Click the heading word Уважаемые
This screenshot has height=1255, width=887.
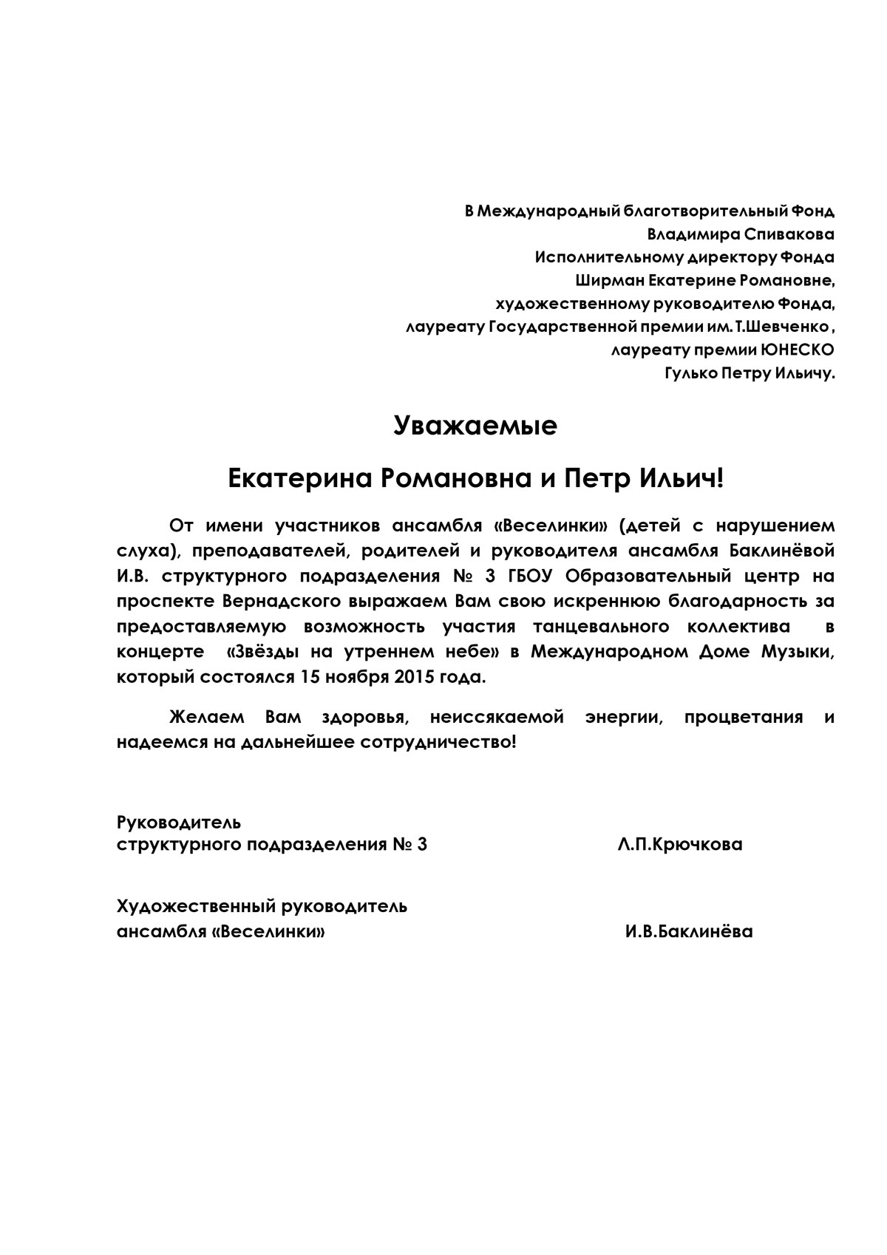tap(475, 426)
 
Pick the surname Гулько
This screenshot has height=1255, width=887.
tap(691, 373)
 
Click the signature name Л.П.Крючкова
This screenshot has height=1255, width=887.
tap(680, 845)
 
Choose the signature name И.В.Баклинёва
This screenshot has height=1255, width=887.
tap(689, 931)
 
